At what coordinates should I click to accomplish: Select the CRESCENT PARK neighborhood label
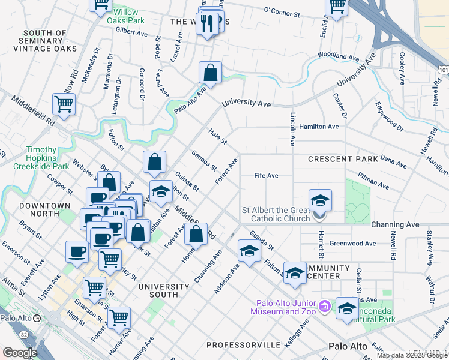(x=343, y=159)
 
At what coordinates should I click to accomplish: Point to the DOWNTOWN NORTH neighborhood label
(x=45, y=210)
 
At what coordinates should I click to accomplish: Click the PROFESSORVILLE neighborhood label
(x=244, y=345)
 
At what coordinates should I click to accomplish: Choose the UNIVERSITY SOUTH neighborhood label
(x=158, y=290)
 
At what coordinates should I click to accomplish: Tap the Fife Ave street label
(x=266, y=176)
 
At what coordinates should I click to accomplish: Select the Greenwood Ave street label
(x=353, y=244)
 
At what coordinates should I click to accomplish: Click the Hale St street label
(x=217, y=137)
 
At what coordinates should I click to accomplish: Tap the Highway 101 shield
(x=443, y=71)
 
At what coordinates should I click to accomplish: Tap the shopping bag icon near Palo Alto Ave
(x=211, y=73)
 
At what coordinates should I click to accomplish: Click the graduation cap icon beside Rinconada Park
(x=347, y=308)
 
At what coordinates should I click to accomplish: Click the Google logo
(x=20, y=353)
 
